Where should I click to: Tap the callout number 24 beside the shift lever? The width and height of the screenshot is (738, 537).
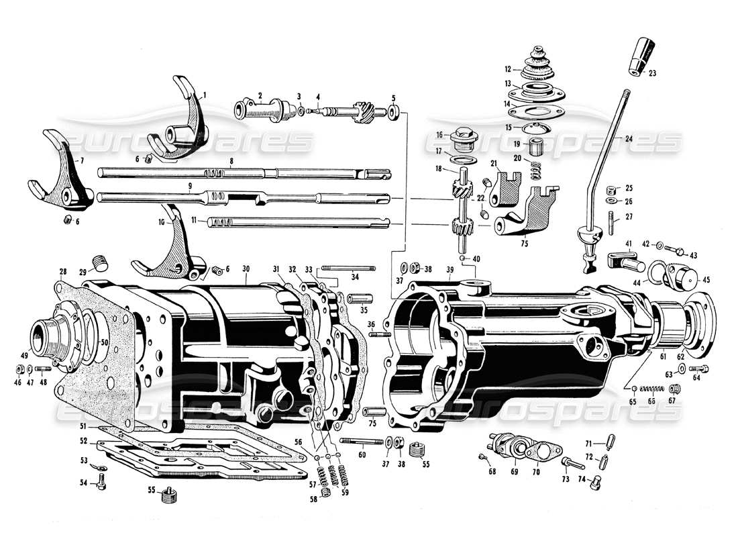(x=628, y=139)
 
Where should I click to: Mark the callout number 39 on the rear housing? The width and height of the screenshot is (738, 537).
(x=448, y=269)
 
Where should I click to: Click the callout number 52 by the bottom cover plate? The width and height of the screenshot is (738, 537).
(x=83, y=441)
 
